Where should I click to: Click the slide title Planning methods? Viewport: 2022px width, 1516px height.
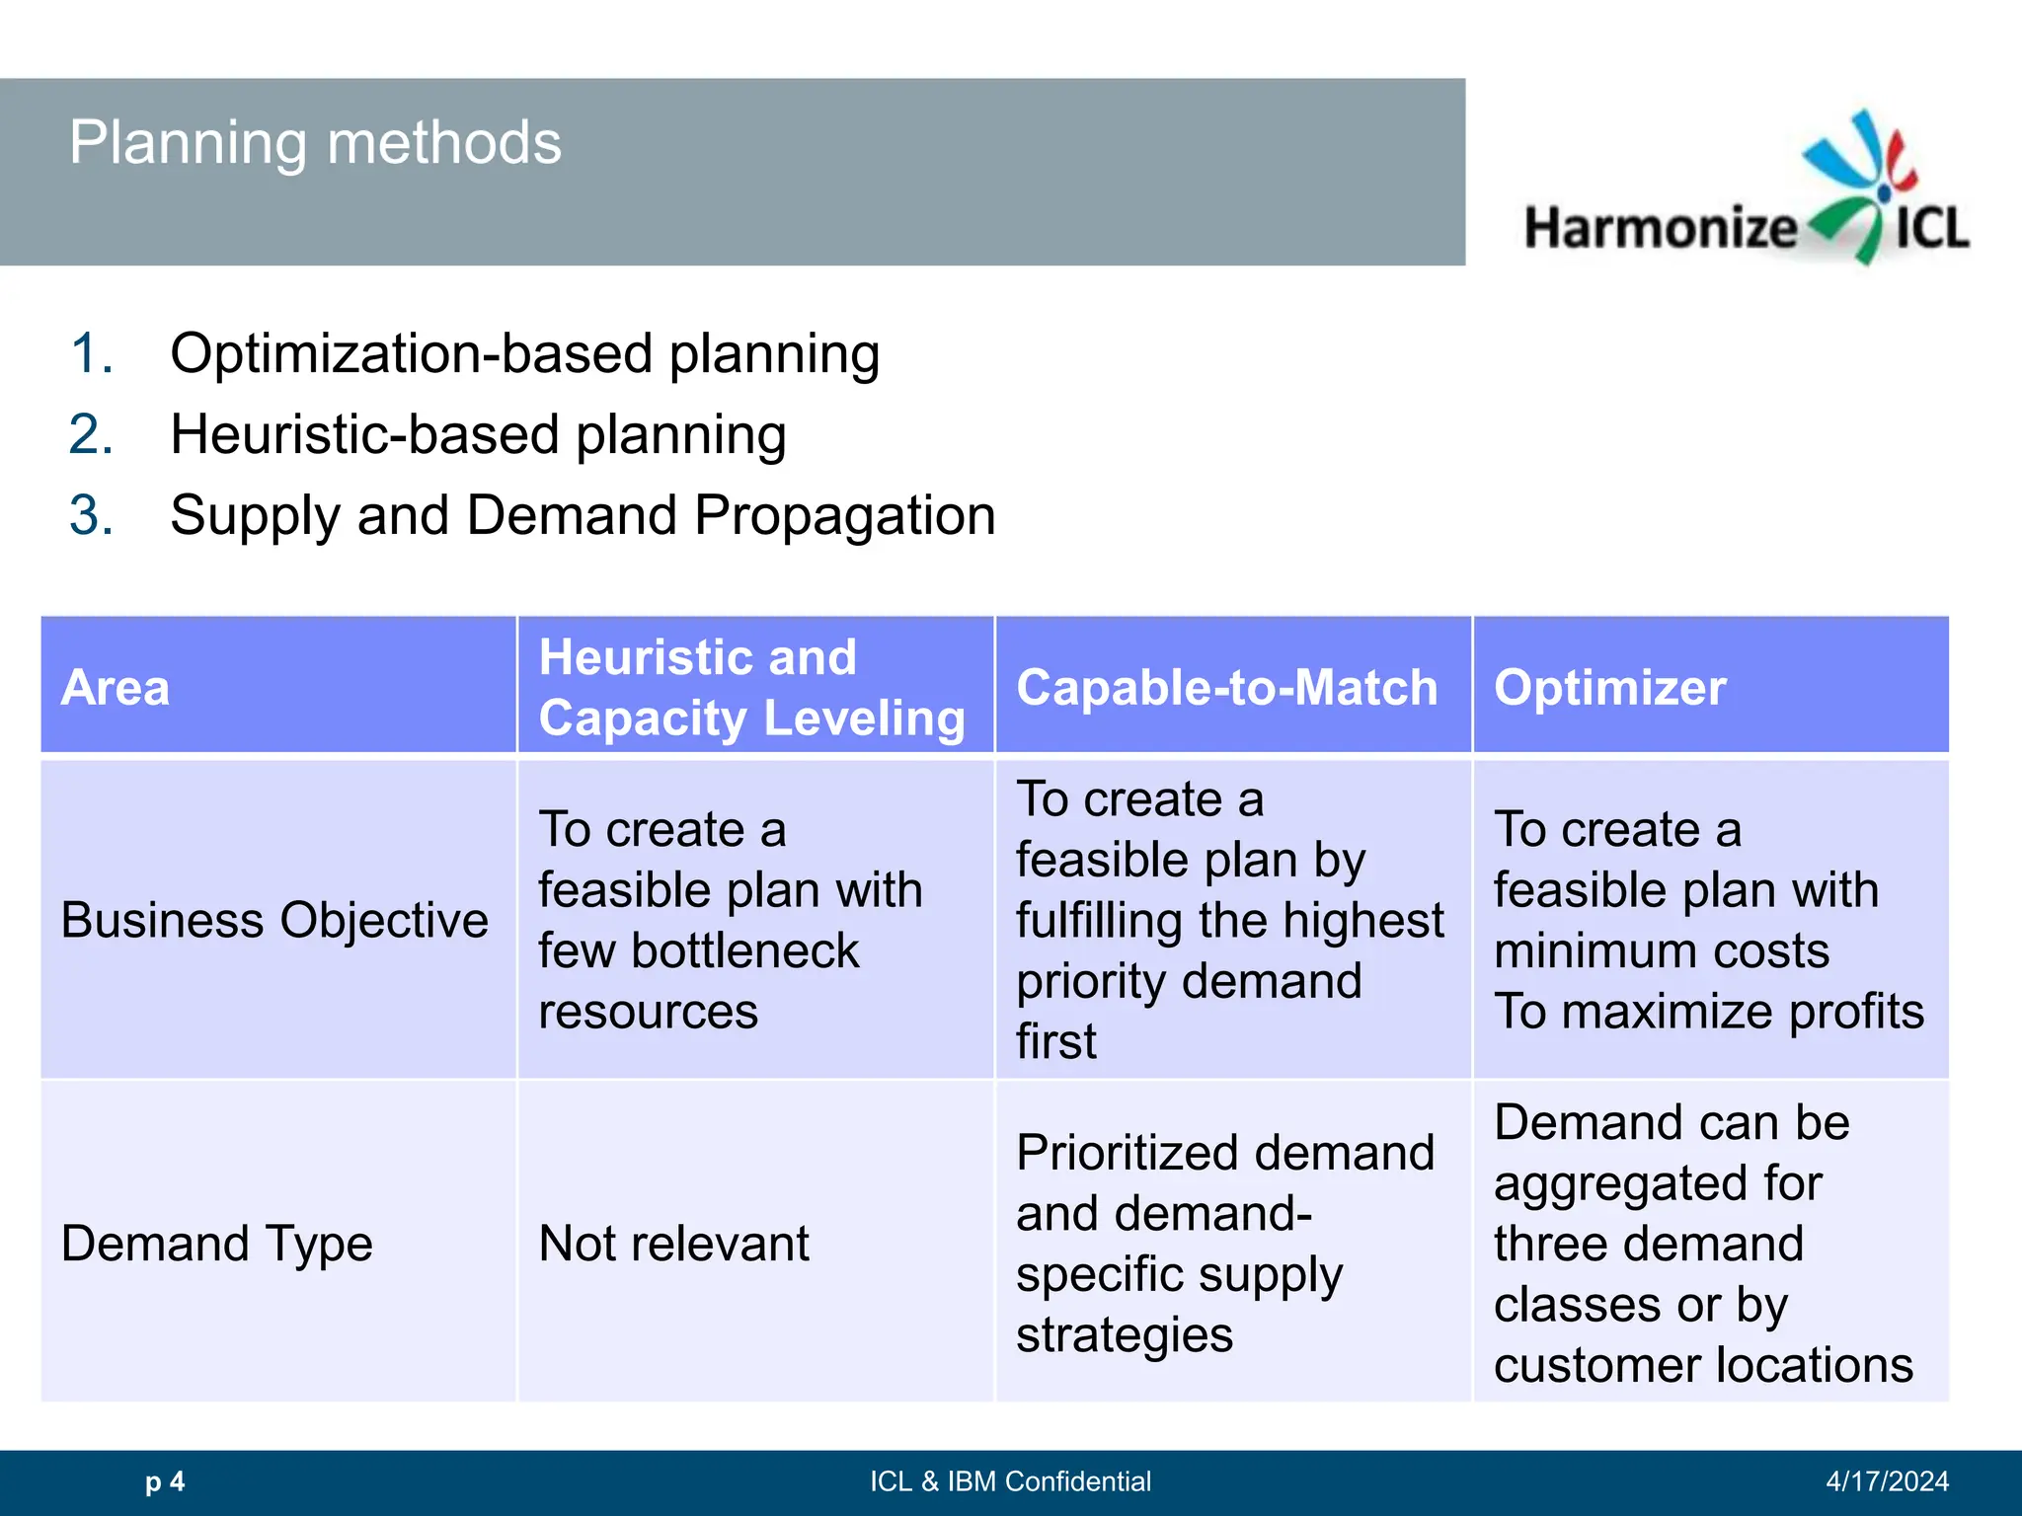click(x=315, y=143)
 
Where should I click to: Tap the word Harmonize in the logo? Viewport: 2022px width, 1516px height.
click(x=1661, y=228)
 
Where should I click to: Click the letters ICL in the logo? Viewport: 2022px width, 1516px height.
click(x=1931, y=228)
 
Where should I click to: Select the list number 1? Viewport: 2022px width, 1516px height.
click(x=92, y=353)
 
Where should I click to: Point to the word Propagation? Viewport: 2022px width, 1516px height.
click(x=844, y=515)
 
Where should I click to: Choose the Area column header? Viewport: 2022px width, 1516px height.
click(x=116, y=687)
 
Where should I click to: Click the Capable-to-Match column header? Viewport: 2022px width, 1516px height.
click(x=1226, y=687)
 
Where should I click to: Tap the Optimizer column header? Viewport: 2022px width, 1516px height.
click(x=1609, y=687)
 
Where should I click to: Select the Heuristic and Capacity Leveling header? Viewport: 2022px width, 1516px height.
click(x=751, y=687)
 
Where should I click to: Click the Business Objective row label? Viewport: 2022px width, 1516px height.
click(x=274, y=920)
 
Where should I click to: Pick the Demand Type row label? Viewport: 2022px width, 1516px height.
click(x=216, y=1243)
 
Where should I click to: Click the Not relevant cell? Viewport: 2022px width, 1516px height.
click(x=673, y=1243)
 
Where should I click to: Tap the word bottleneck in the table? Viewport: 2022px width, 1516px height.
click(x=744, y=950)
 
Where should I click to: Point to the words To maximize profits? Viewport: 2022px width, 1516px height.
click(x=1708, y=1012)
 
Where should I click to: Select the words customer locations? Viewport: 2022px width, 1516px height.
click(x=1703, y=1365)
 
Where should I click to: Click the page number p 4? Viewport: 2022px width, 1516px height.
click(x=165, y=1481)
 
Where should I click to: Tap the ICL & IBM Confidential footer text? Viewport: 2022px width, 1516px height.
click(x=1010, y=1481)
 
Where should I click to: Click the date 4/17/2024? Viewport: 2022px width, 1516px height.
click(x=1887, y=1481)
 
